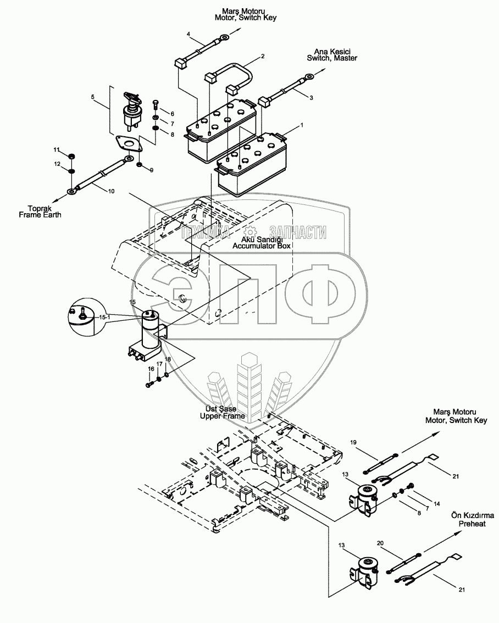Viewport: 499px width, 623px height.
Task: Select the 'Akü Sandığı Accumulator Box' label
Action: [257, 243]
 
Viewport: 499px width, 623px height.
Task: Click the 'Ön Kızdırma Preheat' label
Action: [472, 520]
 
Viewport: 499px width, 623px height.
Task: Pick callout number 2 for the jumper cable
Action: [263, 56]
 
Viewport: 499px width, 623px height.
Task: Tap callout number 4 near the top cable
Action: [188, 35]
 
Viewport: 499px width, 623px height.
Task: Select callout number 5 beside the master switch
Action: [93, 97]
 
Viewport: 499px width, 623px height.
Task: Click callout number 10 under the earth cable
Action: [112, 191]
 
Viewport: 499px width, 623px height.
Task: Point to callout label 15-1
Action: [104, 318]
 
